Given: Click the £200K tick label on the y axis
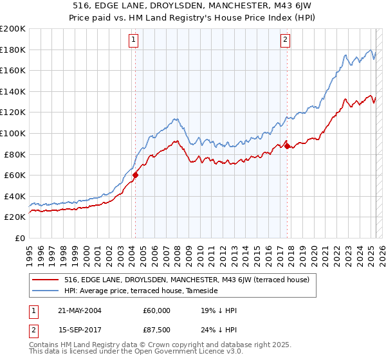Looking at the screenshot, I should (12, 29).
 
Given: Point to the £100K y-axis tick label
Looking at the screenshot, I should (12, 133).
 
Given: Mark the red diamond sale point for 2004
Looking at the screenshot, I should (136, 175).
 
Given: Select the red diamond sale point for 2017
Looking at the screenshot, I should (287, 146).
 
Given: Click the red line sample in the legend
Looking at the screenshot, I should (46, 280).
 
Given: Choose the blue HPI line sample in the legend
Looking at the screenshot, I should (46, 291).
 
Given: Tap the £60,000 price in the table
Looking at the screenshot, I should (157, 310).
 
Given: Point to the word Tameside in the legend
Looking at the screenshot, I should (202, 291).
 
